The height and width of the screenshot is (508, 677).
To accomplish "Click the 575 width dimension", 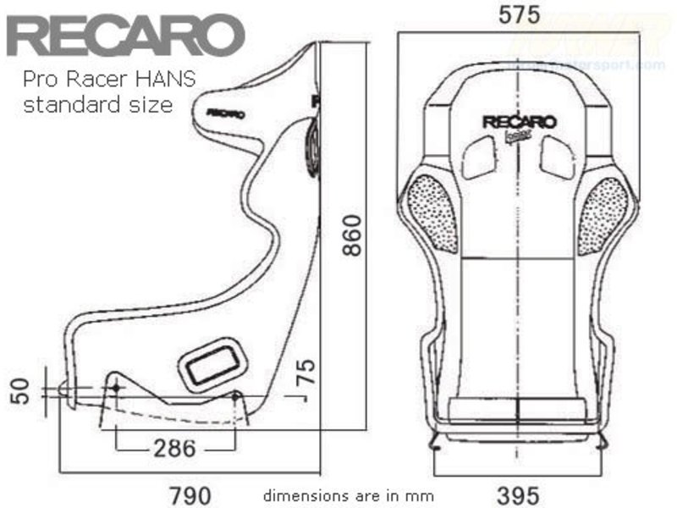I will coord(520,15).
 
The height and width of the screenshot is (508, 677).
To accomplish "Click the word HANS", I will coord(165,80).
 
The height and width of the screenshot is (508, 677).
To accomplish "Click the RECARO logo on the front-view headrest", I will coord(519,122).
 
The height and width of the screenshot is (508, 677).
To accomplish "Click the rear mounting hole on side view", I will coord(236,396).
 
